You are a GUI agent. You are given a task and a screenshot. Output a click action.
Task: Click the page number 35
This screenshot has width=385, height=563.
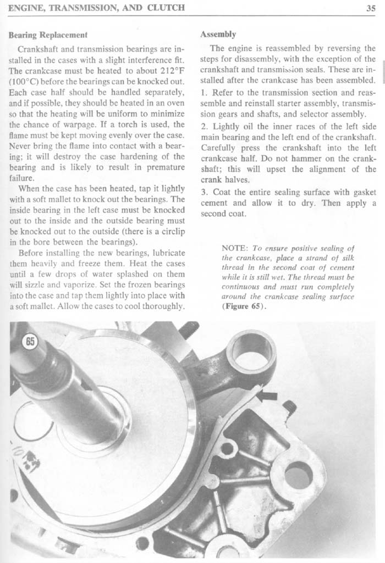(370, 8)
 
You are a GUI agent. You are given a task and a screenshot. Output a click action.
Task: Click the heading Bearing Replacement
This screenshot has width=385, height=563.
(48, 35)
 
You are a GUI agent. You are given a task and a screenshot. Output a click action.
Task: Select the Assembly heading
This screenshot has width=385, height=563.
(218, 34)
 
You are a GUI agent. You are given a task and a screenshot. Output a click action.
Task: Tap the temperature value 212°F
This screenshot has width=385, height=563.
(171, 71)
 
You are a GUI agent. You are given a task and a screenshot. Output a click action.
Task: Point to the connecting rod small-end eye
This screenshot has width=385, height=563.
(252, 350)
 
